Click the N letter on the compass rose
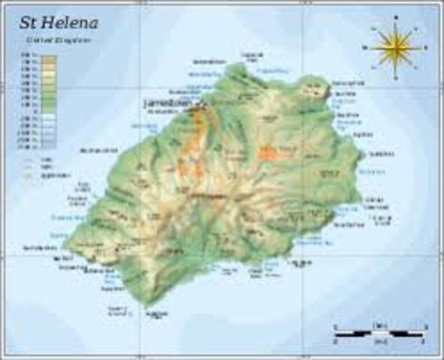click(395, 20)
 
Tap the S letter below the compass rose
click(395, 76)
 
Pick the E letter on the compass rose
click(425, 48)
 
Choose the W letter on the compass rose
click(365, 48)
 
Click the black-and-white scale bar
click(379, 331)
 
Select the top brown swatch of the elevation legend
click(48, 58)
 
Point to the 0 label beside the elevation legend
click(33, 109)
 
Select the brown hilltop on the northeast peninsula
click(308, 91)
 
